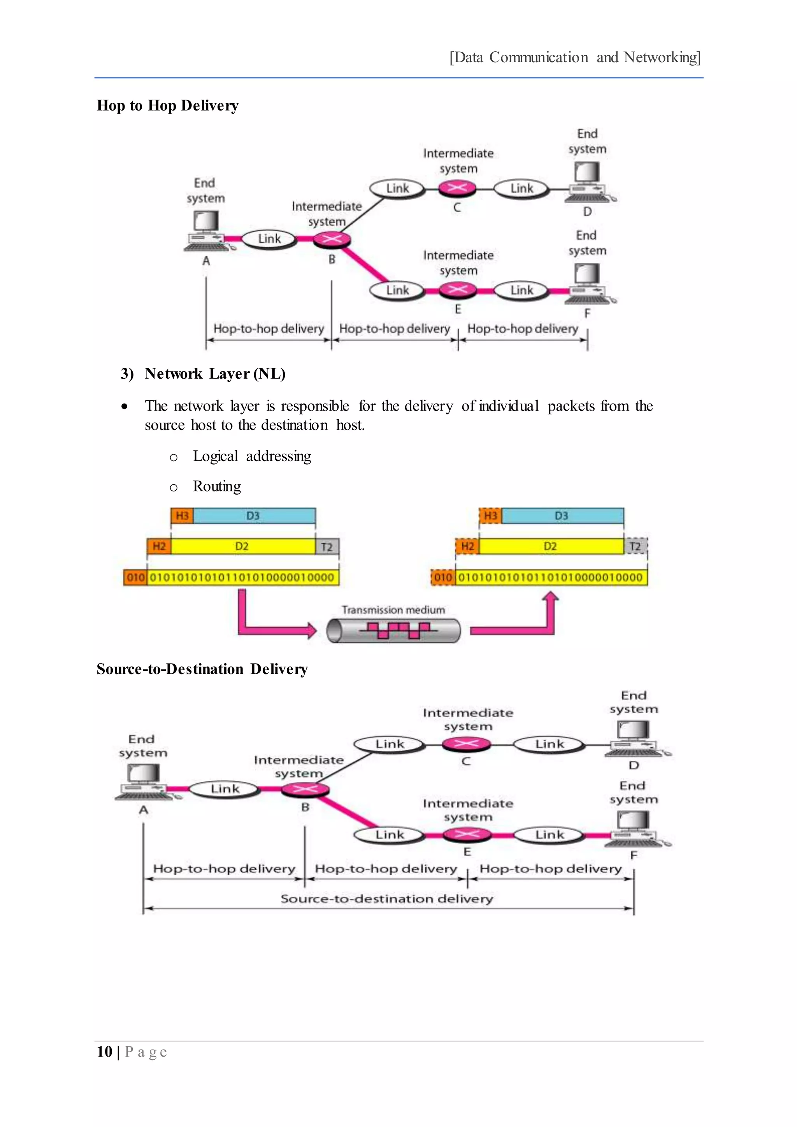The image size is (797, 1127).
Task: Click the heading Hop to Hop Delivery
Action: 167,105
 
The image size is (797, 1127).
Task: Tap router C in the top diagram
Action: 457,188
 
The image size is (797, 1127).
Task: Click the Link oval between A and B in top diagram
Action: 269,239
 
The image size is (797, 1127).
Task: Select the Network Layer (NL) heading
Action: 215,374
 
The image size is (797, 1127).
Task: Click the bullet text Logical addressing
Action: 252,456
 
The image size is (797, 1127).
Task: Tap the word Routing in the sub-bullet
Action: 217,486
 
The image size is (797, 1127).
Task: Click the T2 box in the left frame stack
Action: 327,547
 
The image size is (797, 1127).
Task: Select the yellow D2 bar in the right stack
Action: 551,547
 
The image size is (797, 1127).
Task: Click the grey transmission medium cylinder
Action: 393,630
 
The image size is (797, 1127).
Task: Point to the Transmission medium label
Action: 393,610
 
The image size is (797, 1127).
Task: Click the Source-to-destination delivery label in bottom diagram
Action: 387,899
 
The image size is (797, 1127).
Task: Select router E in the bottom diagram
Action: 466,834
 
